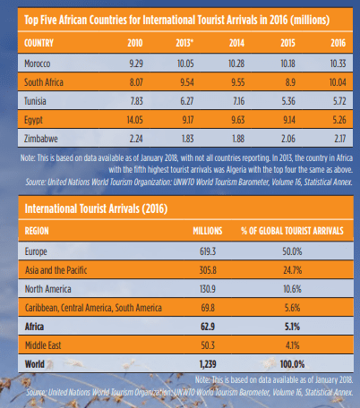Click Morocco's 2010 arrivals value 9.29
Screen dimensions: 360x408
point(136,64)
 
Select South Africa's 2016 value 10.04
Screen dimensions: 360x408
point(338,82)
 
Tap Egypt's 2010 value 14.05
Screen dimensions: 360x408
point(134,120)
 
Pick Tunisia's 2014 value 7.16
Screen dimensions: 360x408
point(238,101)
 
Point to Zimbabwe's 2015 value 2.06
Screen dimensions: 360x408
point(288,139)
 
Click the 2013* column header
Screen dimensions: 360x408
point(184,43)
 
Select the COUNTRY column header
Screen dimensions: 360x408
point(39,43)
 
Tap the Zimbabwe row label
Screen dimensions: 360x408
point(41,139)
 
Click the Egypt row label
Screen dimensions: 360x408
point(33,120)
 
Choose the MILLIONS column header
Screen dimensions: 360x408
point(208,231)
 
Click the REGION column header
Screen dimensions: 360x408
point(37,231)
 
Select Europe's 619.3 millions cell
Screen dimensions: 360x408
point(208,251)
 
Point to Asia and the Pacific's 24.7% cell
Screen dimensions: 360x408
point(293,270)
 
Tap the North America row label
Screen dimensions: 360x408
point(48,289)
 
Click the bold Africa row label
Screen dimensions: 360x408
point(34,327)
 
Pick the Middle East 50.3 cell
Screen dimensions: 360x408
point(208,345)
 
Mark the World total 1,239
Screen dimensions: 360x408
point(208,364)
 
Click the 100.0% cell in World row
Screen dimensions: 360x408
point(292,364)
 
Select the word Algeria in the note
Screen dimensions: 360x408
point(236,170)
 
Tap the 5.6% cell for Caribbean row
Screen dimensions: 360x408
point(292,308)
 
